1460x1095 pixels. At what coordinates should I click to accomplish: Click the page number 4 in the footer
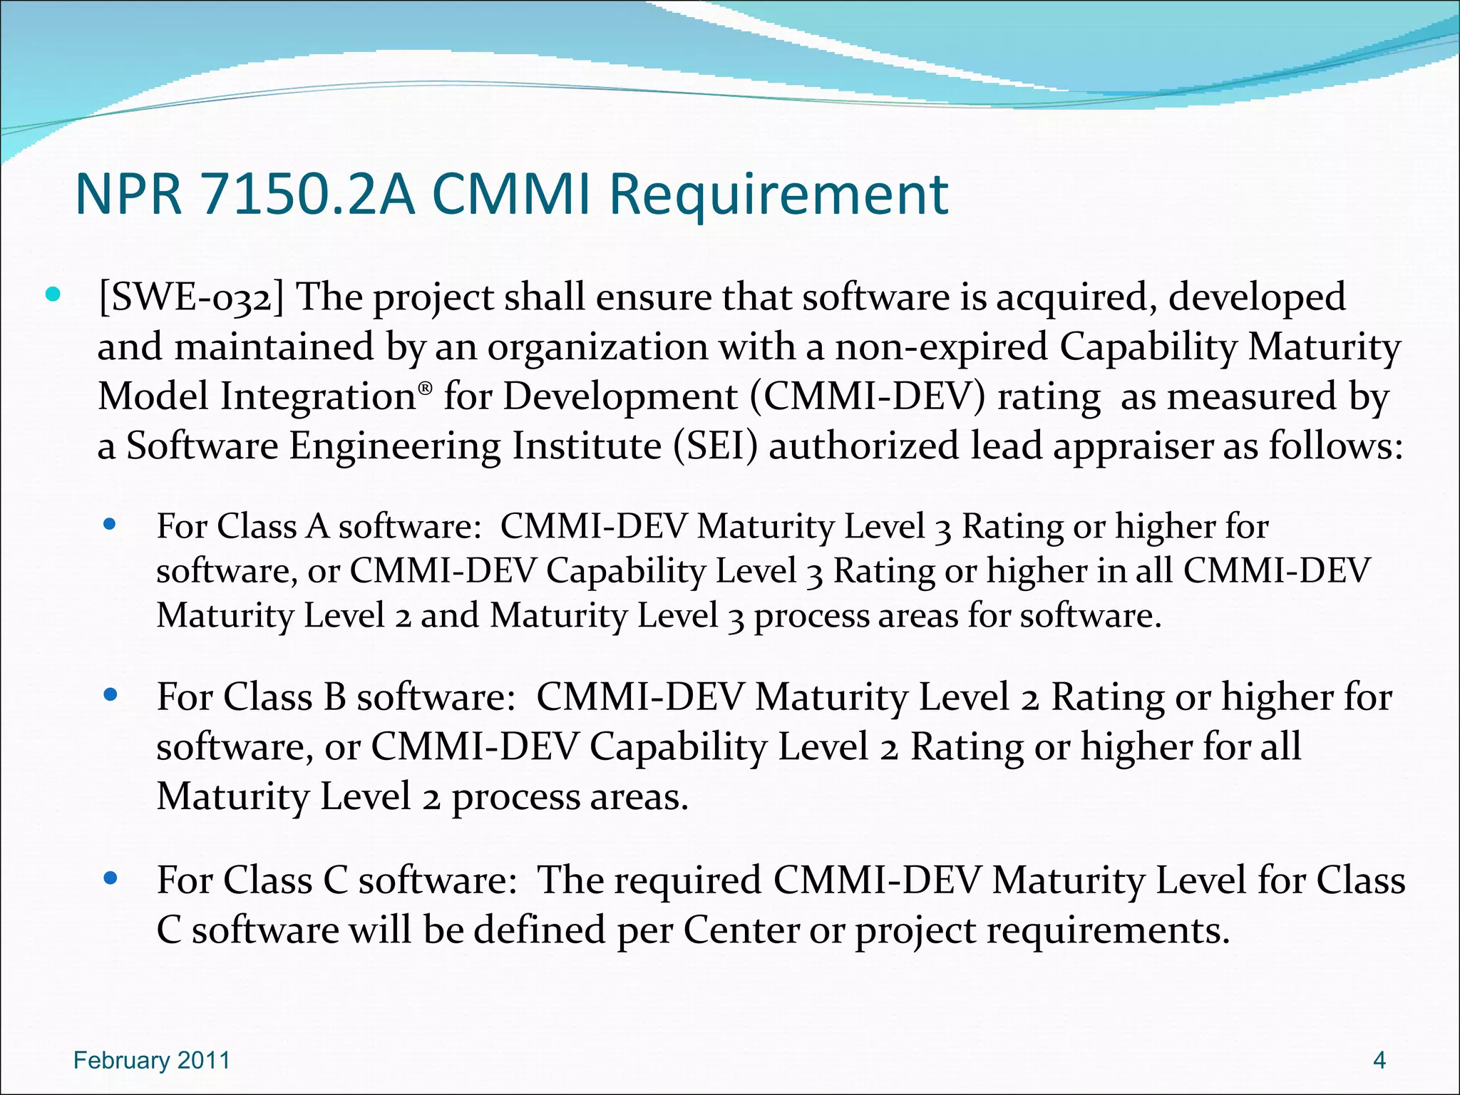pos(1379,1061)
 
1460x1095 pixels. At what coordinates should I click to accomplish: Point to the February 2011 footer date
pos(152,1061)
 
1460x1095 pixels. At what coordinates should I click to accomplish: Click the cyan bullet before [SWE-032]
pos(53,294)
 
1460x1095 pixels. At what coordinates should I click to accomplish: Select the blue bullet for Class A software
pos(110,525)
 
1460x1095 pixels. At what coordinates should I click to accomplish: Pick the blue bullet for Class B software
pos(110,694)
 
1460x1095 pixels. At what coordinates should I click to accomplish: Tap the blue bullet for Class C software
pos(110,878)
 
